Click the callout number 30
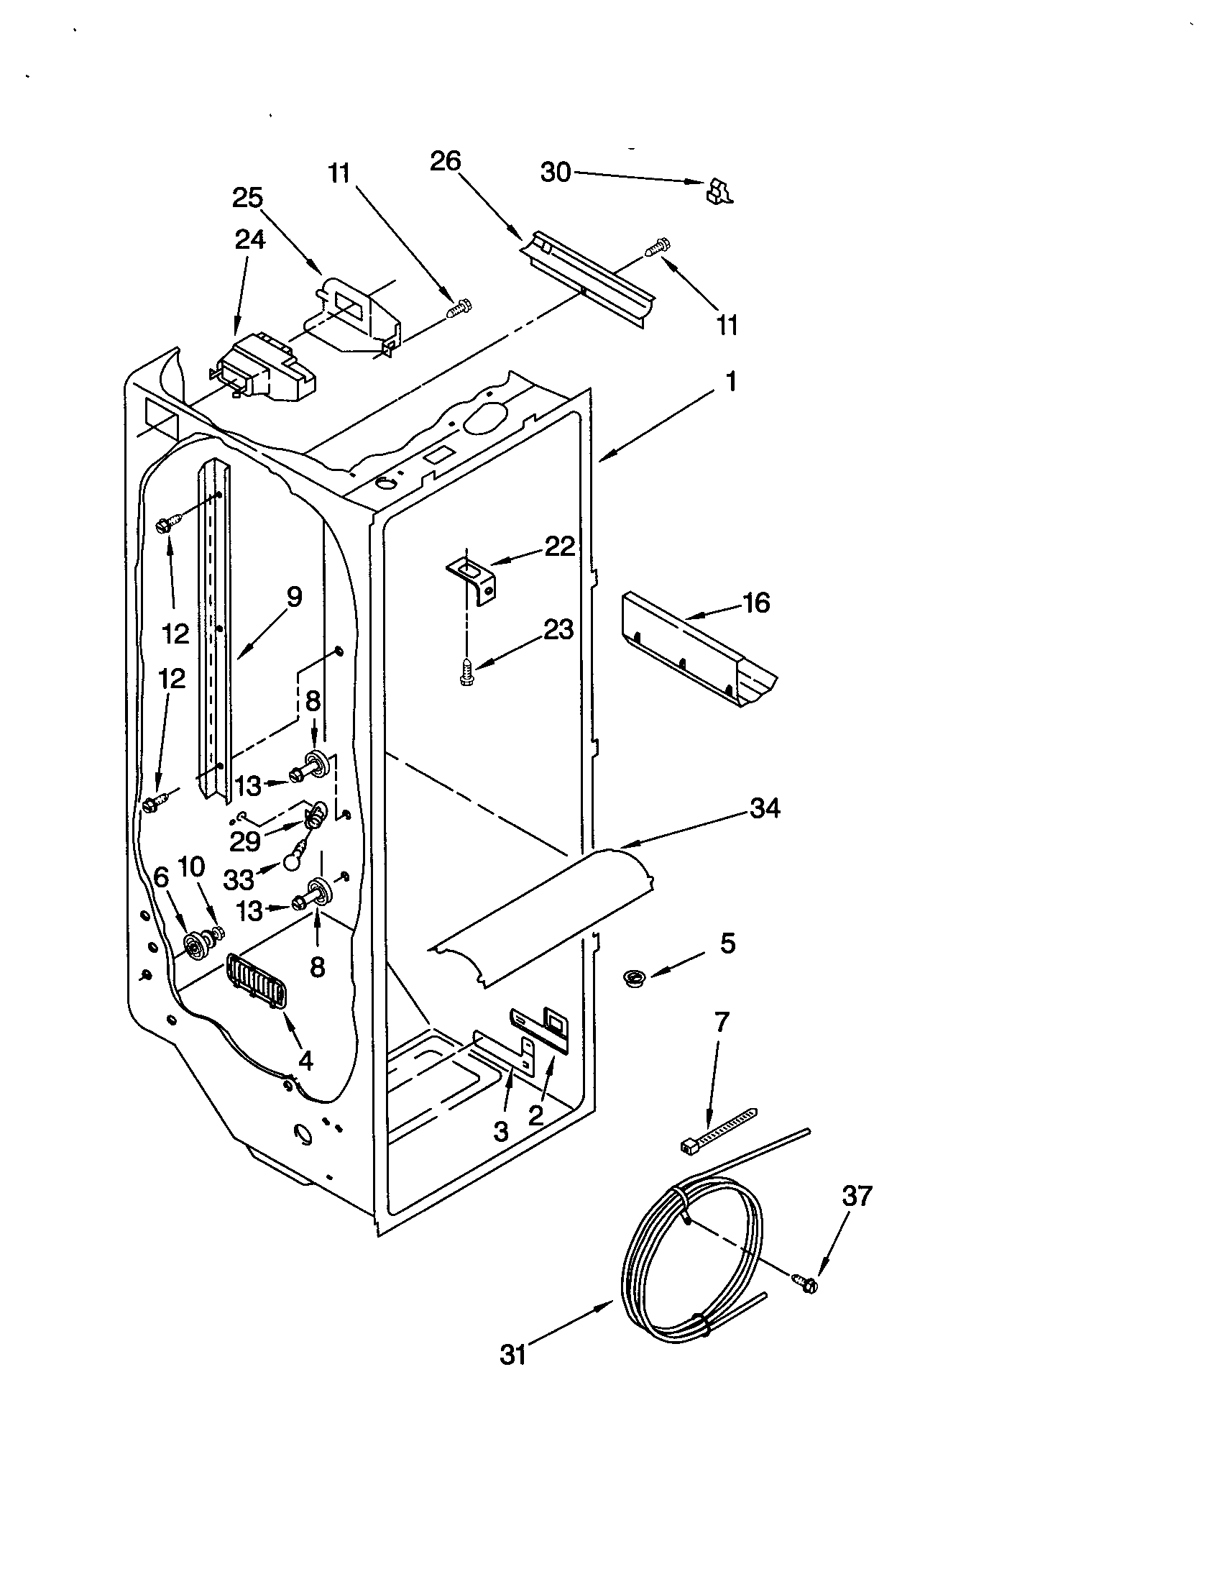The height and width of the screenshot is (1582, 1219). pos(555,173)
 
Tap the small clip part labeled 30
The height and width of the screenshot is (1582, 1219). pos(718,191)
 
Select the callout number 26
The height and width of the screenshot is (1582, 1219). pos(445,161)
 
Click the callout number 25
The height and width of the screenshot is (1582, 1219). pos(247,198)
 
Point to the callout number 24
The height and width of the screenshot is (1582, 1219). pos(249,239)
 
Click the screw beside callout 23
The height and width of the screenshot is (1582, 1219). pos(467,671)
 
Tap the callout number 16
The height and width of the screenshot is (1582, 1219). pos(756,603)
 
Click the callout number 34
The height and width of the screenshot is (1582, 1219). pos(765,808)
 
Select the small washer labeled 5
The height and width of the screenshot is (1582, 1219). pos(635,979)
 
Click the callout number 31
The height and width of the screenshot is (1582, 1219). pos(512,1354)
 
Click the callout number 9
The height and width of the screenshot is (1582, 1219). pos(293,597)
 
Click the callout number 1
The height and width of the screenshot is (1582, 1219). pos(731,381)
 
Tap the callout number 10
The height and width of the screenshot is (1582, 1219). pos(191,867)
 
